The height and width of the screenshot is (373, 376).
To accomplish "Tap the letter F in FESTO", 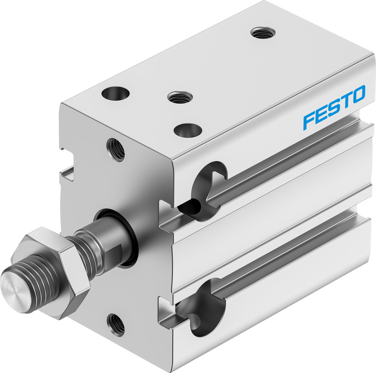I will [309, 119].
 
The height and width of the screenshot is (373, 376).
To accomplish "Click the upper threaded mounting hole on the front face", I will [116, 149].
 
